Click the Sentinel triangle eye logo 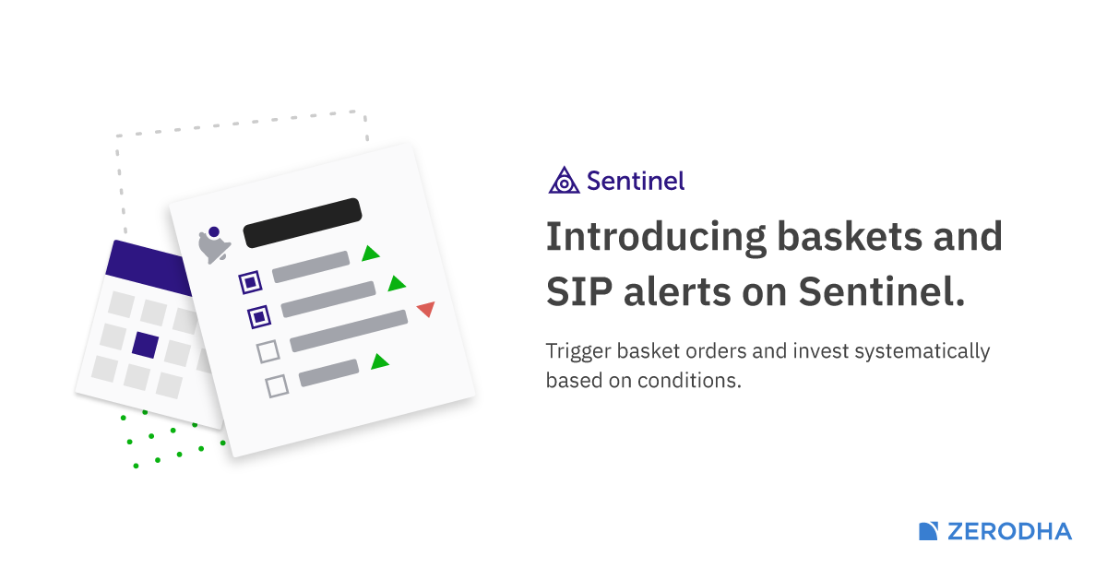click(564, 181)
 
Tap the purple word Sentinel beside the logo click(636, 181)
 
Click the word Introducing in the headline click(656, 238)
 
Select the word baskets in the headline click(850, 236)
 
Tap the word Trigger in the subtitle click(577, 352)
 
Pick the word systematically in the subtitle click(922, 352)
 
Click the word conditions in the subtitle click(689, 381)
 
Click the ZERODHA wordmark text click(1009, 532)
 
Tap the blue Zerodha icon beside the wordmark click(928, 531)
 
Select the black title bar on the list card click(303, 223)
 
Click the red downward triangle click(426, 309)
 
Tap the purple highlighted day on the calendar click(146, 345)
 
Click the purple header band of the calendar click(149, 267)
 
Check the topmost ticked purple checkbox click(251, 282)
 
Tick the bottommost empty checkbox click(278, 386)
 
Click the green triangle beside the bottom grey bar click(379, 362)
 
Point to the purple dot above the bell click(214, 231)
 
